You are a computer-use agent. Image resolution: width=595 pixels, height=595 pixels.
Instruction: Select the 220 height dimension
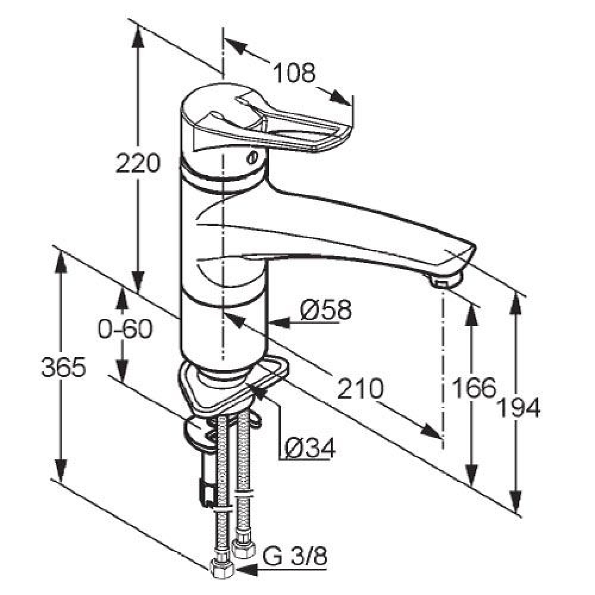138,163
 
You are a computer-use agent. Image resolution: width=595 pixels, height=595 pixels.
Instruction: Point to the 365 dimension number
64,367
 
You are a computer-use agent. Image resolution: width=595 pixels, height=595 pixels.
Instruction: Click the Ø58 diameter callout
326,309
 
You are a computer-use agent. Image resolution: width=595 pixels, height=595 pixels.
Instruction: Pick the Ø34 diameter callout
310,448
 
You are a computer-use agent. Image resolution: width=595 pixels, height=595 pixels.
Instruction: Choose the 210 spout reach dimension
361,388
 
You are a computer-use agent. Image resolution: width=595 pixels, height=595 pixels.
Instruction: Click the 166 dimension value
474,388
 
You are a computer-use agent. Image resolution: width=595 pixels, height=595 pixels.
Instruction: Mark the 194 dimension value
518,408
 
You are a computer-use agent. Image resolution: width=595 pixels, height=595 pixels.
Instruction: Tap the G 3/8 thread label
295,558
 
